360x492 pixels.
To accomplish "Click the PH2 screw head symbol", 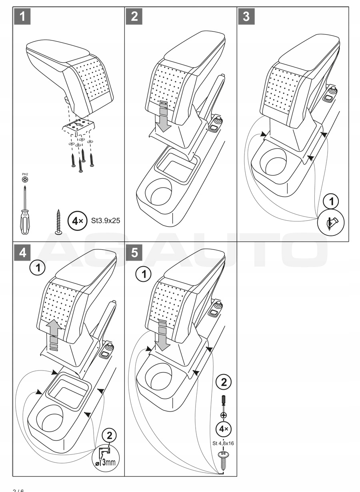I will (25, 180).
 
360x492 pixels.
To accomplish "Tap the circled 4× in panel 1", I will (76, 220).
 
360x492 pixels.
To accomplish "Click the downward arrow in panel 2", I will (163, 118).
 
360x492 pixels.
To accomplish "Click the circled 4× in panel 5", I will (223, 430).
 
